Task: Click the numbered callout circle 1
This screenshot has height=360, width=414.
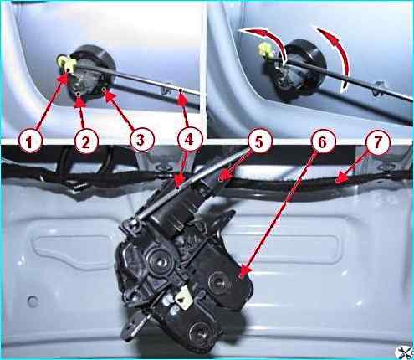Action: pyautogui.click(x=30, y=141)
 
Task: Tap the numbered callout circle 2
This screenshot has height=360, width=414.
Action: pyautogui.click(x=85, y=141)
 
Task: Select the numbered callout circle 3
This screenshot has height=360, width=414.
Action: pyautogui.click(x=141, y=140)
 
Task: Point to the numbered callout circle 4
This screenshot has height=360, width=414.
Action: pyautogui.click(x=189, y=140)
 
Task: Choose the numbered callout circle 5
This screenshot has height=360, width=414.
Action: pyautogui.click(x=259, y=141)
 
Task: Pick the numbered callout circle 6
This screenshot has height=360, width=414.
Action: pyautogui.click(x=322, y=141)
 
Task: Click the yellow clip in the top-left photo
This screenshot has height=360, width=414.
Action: pyautogui.click(x=65, y=63)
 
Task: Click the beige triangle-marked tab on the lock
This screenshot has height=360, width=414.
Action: pyautogui.click(x=182, y=298)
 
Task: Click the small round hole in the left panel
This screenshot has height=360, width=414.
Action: pyautogui.click(x=33, y=301)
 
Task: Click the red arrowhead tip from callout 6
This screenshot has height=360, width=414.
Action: pyautogui.click(x=239, y=277)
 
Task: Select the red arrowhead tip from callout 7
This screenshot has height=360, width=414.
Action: pyautogui.click(x=336, y=182)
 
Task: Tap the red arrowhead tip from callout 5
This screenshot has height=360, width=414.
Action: pyautogui.click(x=219, y=177)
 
